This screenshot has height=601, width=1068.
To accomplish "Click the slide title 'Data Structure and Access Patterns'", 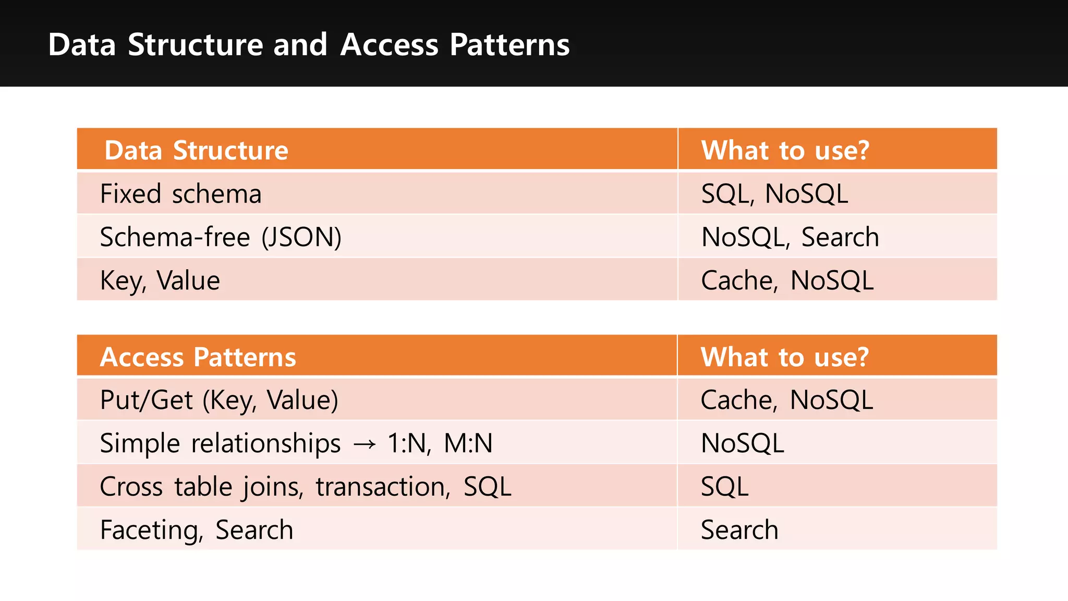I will click(x=309, y=44).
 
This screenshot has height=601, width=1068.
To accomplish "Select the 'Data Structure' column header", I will click(x=196, y=150).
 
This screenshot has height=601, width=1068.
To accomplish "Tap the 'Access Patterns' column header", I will click(x=198, y=357).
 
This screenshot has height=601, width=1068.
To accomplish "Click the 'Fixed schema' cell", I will click(x=180, y=194).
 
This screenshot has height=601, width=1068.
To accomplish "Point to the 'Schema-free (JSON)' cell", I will click(x=221, y=237).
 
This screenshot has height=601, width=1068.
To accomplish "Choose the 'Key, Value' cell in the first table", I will click(x=160, y=281).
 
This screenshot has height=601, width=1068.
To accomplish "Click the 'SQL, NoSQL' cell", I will click(x=774, y=194).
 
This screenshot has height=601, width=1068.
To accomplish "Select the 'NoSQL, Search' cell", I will click(x=790, y=237).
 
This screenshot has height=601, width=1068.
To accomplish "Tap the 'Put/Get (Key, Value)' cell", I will click(x=219, y=400).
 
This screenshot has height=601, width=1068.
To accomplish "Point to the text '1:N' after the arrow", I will click(x=408, y=443).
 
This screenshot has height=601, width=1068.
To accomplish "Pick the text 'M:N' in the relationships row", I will click(x=468, y=443).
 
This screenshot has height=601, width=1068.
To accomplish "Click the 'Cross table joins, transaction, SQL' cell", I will click(x=305, y=487).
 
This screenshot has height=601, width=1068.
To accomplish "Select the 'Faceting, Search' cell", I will click(x=196, y=530).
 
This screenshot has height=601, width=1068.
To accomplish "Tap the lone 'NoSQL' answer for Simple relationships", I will click(x=742, y=443).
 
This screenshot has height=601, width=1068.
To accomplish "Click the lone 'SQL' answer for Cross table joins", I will click(x=724, y=487).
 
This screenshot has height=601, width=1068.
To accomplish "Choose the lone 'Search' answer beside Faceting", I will click(x=739, y=530).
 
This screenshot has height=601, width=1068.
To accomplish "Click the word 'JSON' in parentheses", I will click(x=301, y=237).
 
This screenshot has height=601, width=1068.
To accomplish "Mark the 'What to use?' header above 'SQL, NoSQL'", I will click(x=785, y=150).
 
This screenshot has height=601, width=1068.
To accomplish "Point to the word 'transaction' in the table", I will click(x=383, y=487).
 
